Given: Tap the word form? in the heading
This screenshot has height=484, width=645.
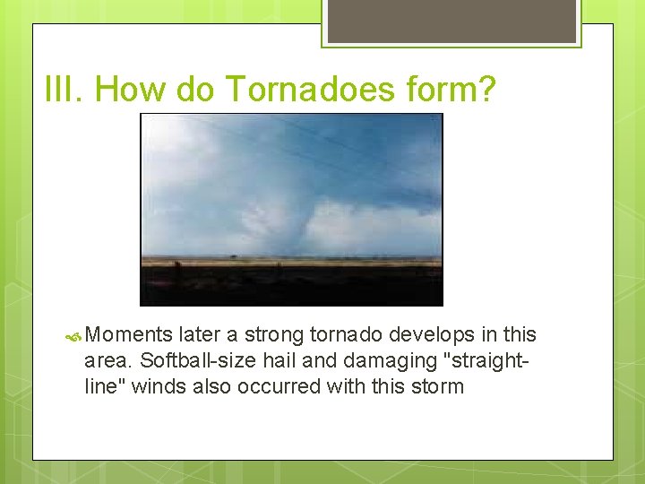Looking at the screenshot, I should (x=452, y=90).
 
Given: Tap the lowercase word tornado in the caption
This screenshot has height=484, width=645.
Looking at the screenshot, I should (x=345, y=335).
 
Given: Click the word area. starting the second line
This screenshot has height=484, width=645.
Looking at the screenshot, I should (x=107, y=361).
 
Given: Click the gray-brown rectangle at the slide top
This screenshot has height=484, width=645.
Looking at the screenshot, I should (x=451, y=20).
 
